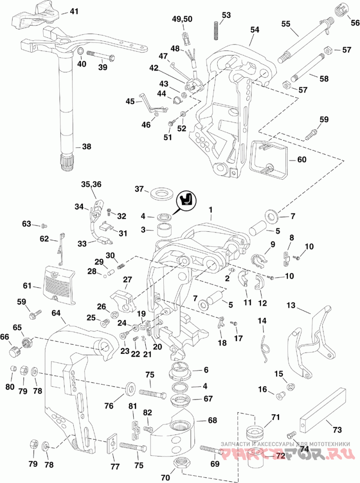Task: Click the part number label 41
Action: (x=74, y=11)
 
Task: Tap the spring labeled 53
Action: (x=216, y=31)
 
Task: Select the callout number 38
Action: (x=86, y=147)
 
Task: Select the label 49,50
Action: (x=182, y=19)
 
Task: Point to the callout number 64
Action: (x=56, y=314)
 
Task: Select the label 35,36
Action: (x=91, y=185)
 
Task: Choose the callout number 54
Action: (x=255, y=30)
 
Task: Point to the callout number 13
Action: (x=291, y=306)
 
